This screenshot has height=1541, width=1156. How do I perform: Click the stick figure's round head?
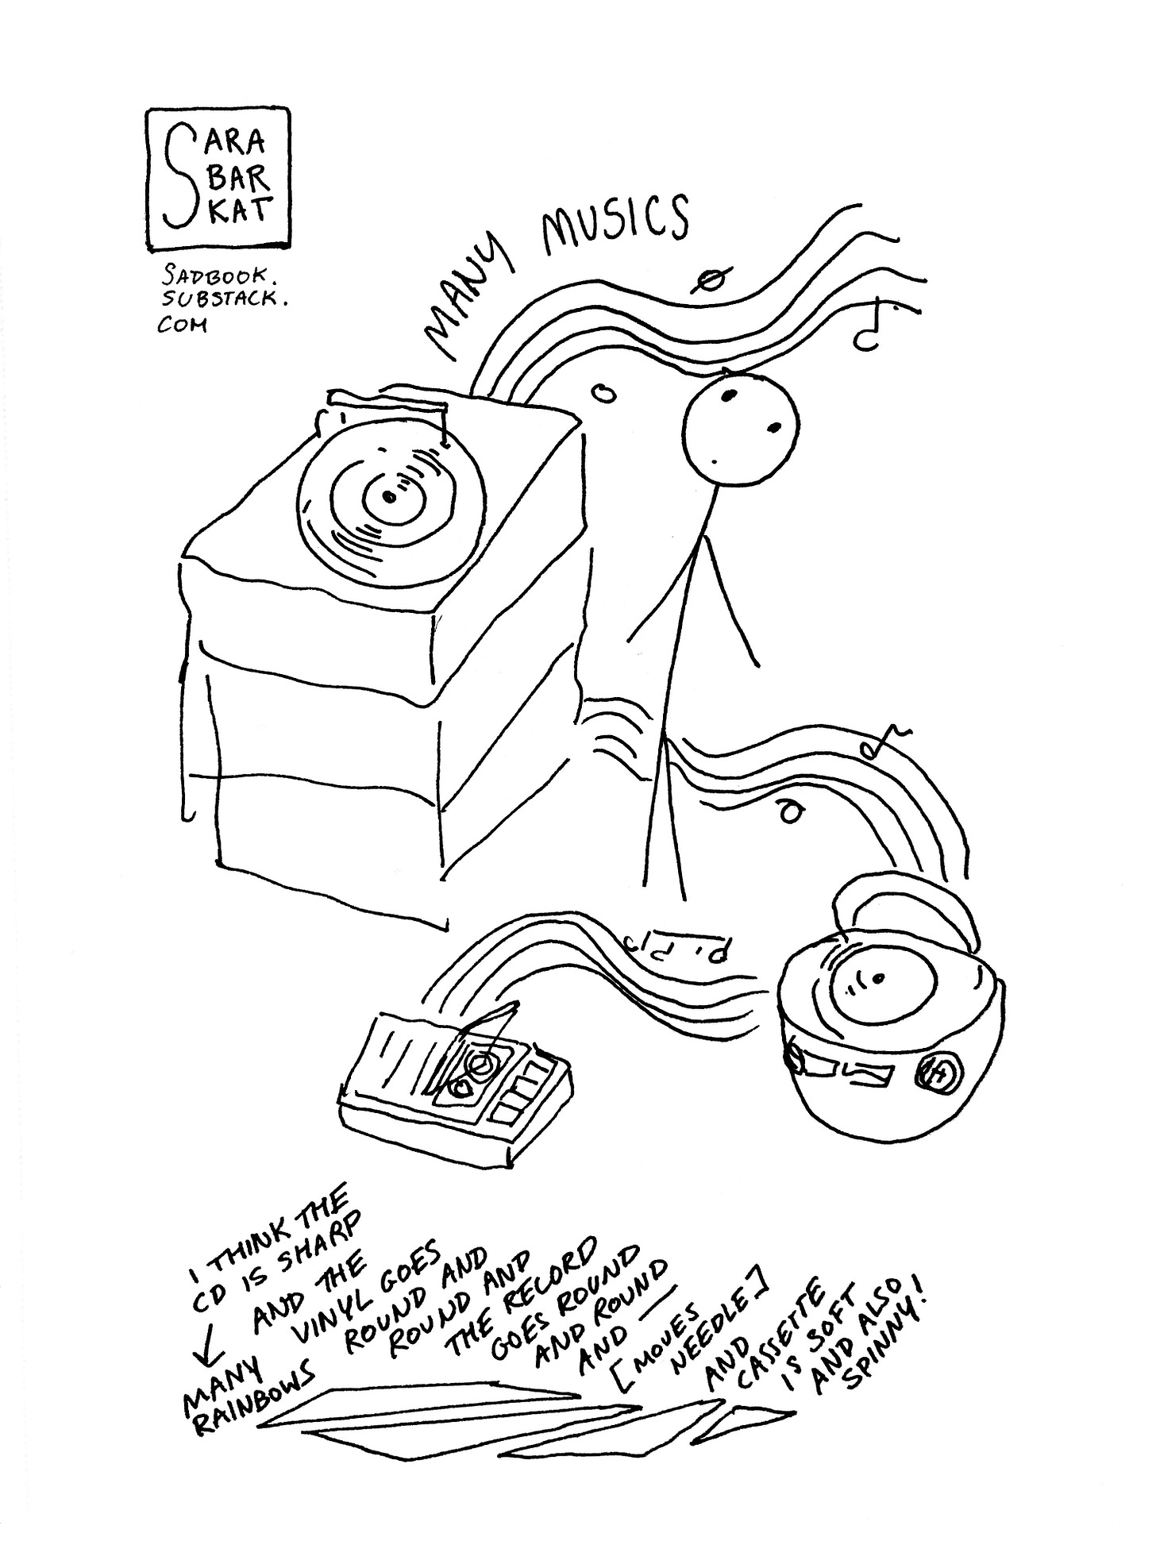pyautogui.click(x=741, y=429)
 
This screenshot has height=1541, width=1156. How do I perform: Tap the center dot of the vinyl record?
pyautogui.click(x=387, y=497)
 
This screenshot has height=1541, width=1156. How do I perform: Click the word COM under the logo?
pyautogui.click(x=182, y=325)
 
